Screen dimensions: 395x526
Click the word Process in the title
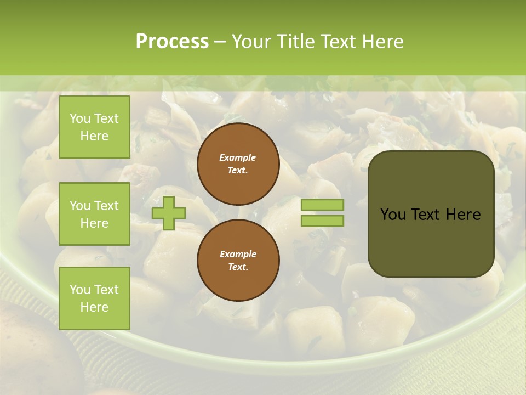click(172, 42)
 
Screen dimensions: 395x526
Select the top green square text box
click(94, 127)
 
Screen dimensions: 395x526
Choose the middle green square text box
click(94, 214)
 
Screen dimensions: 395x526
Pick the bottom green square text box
click(94, 298)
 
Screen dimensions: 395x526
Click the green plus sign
click(168, 213)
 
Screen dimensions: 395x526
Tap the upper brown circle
click(238, 164)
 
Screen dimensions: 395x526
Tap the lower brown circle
click(238, 260)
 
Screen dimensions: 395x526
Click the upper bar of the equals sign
click(322, 205)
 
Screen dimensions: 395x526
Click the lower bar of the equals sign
click(322, 221)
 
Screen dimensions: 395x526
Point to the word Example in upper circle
click(238, 157)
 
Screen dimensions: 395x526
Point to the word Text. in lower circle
click(238, 267)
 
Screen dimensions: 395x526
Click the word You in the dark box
click(392, 215)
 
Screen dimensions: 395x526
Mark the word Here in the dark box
click(463, 215)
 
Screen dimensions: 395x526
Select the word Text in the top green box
click(106, 119)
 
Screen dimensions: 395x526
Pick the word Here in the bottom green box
click(94, 307)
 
